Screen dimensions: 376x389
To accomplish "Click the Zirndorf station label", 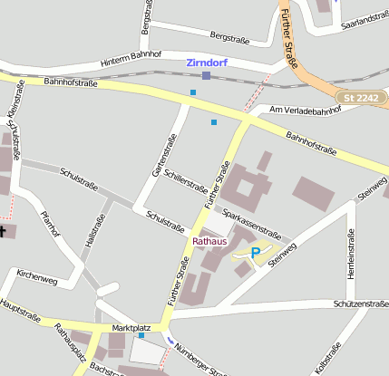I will point(208,63).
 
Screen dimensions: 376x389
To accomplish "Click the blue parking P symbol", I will point(255,254).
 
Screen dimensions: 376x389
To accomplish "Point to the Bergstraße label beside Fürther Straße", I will point(229,37).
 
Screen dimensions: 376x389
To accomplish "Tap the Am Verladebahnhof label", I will point(306,110).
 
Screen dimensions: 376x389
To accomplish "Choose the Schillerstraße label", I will point(186,180).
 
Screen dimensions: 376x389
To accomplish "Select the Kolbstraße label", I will point(326,359).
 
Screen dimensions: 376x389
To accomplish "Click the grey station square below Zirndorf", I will point(207,76).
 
